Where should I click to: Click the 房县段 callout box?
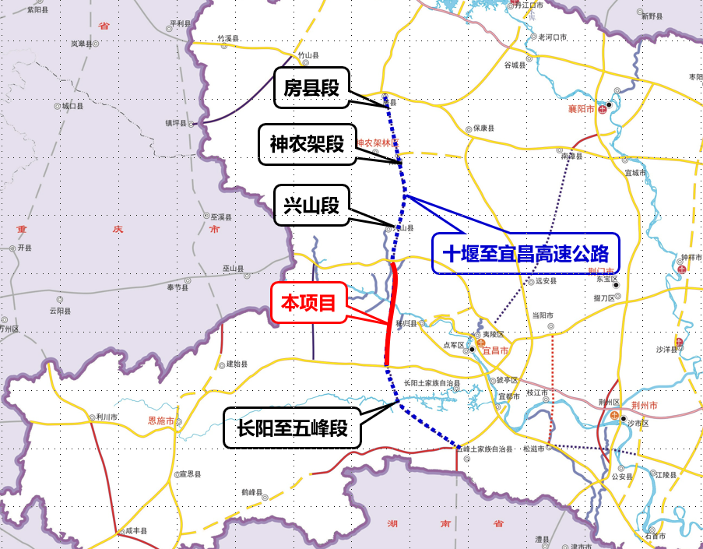click(311, 89)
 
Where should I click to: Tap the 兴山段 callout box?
click(311, 206)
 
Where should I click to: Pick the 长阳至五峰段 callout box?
click(292, 428)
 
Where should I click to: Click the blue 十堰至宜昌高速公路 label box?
click(525, 254)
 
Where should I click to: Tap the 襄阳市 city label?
click(582, 109)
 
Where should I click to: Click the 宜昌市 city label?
click(495, 351)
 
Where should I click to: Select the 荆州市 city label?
click(645, 406)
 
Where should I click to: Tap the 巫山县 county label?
click(233, 269)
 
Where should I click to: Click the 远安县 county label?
click(545, 282)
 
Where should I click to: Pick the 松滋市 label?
click(534, 449)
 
